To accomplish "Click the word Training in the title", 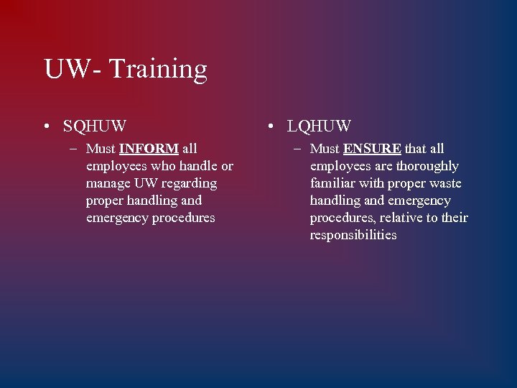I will [159, 70].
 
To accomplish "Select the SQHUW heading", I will [95, 126].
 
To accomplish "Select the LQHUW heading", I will [319, 126].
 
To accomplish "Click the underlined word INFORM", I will [149, 149].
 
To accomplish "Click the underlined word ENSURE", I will [372, 149].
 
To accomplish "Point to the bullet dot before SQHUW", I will [46, 127].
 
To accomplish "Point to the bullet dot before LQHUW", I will [270, 127].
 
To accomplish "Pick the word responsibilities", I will [353, 235].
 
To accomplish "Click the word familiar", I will [332, 183].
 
